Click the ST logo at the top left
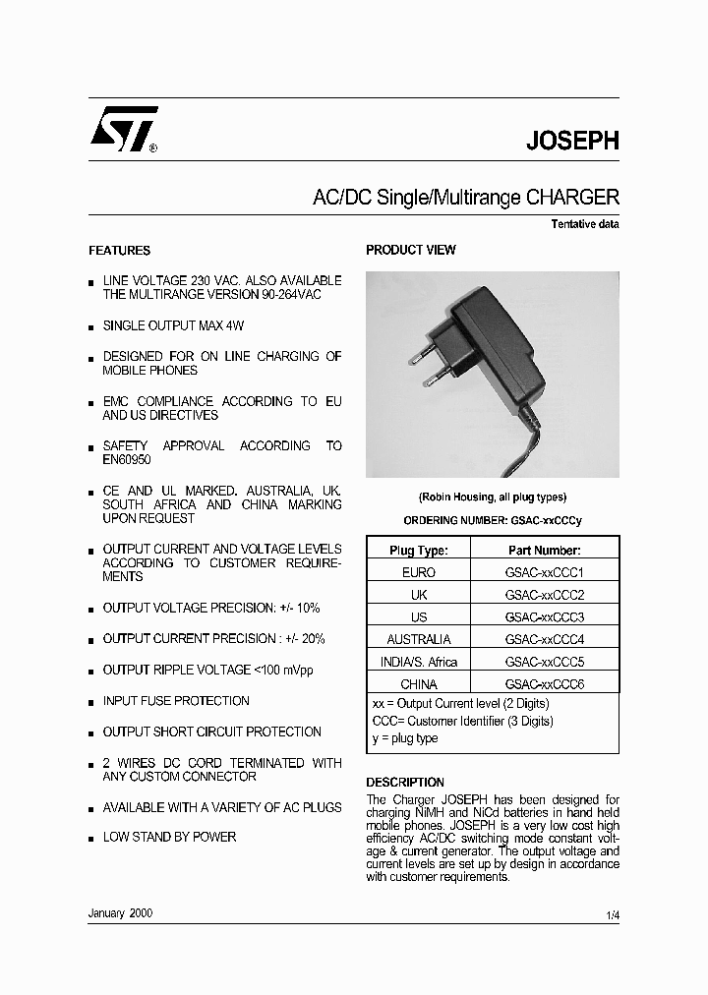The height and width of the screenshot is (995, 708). [122, 132]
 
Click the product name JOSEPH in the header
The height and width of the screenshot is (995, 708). [572, 141]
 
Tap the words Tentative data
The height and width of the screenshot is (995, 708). [584, 224]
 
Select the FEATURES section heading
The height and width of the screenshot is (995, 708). [119, 251]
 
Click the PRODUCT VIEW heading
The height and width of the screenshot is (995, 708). [410, 251]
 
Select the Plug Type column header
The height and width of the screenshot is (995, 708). [419, 551]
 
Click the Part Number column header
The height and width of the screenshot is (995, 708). [544, 551]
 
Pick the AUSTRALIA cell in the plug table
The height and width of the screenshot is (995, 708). [419, 639]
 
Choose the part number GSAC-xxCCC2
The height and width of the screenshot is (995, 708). [544, 595]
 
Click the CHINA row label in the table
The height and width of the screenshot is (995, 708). [419, 683]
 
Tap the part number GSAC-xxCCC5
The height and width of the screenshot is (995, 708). [544, 662]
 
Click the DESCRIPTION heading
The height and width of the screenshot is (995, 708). [405, 783]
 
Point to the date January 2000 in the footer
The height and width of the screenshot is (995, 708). [120, 913]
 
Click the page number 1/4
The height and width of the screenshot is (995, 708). [613, 915]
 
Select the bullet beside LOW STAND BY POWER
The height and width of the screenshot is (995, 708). [91, 839]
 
